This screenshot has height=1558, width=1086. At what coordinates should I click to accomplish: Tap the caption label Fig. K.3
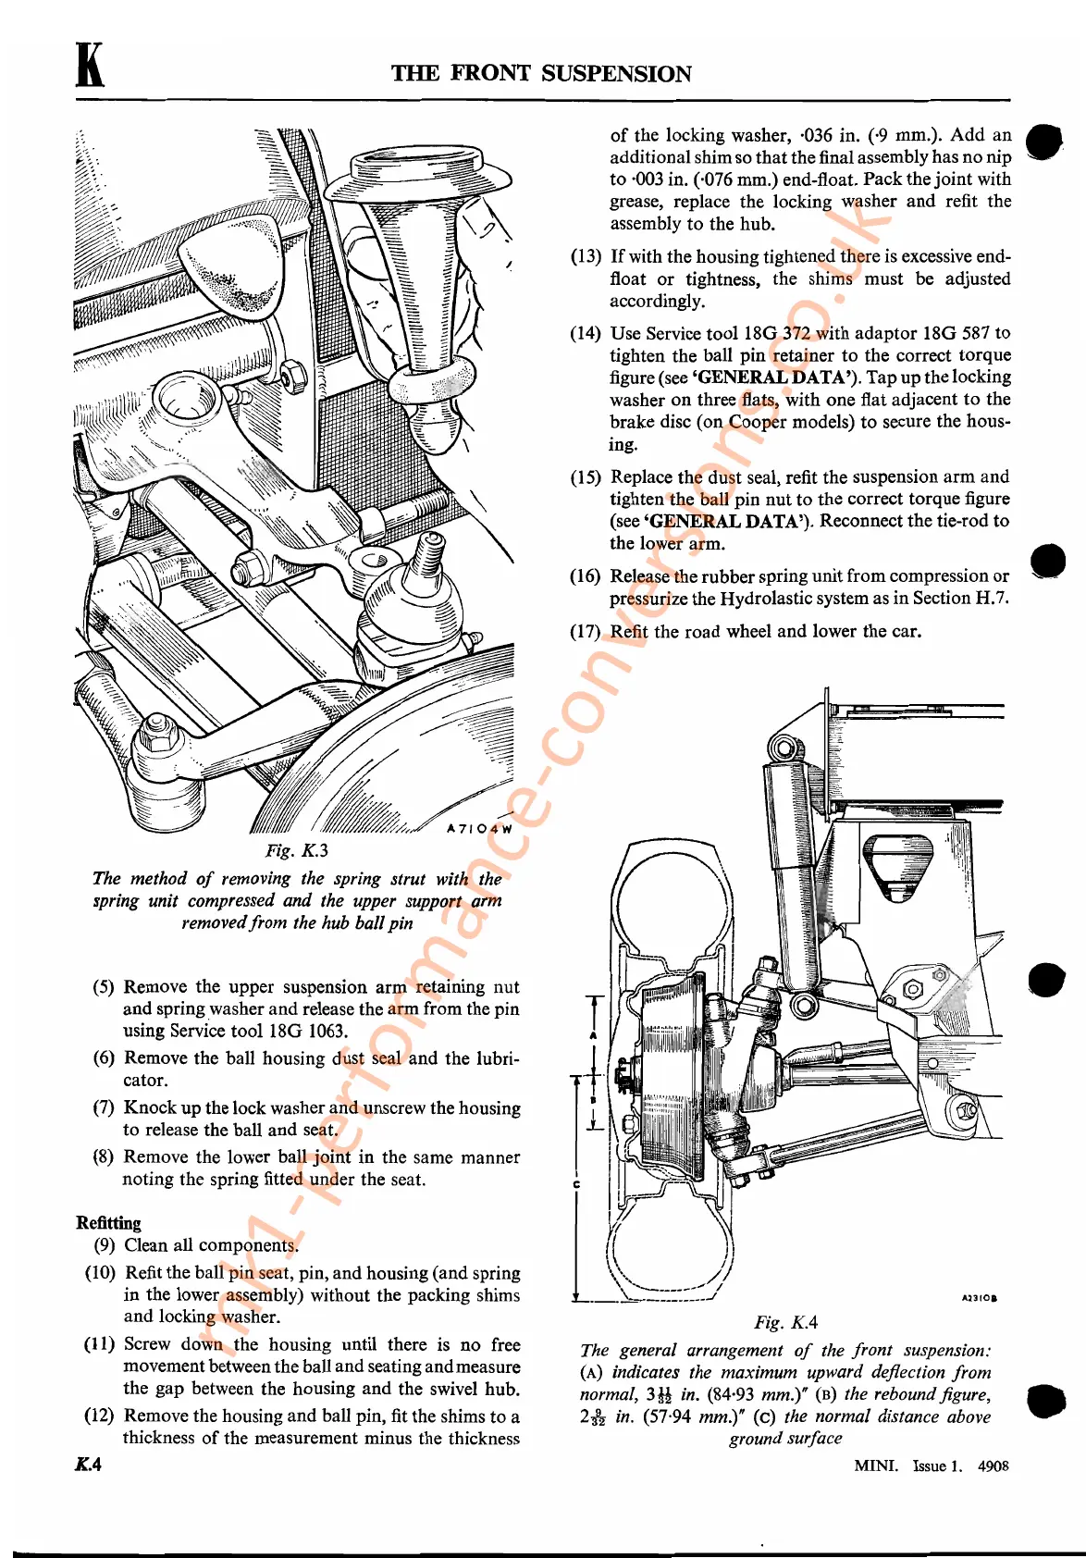click(x=296, y=850)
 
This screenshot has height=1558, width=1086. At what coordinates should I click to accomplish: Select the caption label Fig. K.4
click(x=785, y=1323)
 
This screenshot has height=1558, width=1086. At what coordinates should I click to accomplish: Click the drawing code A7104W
click(x=479, y=829)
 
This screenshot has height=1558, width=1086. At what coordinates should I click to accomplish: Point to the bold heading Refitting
click(x=108, y=1222)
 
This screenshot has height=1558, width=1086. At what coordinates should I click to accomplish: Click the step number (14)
click(x=585, y=333)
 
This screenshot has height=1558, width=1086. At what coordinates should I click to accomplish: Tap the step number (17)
click(x=585, y=631)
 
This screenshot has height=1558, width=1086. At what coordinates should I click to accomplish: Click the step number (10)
click(x=100, y=1273)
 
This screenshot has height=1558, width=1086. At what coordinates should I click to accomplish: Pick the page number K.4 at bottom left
click(x=89, y=1464)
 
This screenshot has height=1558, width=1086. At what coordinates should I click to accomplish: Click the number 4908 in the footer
click(x=993, y=1465)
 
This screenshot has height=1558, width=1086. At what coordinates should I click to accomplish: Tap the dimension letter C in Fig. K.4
click(x=576, y=1185)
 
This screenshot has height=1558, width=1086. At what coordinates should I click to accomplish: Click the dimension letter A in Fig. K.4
click(x=593, y=1035)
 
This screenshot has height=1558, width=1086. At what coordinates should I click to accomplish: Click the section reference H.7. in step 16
click(x=992, y=599)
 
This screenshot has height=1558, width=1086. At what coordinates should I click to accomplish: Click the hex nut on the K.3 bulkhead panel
click(x=294, y=375)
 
